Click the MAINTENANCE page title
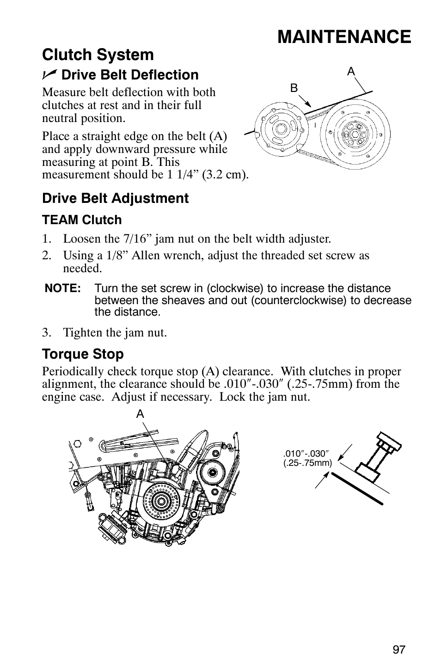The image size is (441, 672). pyautogui.click(x=344, y=37)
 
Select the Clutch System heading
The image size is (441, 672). pyautogui.click(x=98, y=55)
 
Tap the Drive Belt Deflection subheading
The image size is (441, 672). pyautogui.click(x=129, y=75)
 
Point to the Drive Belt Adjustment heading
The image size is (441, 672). pyautogui.click(x=115, y=198)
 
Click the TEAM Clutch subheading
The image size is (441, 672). pyautogui.click(x=82, y=220)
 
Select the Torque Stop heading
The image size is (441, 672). pyautogui.click(x=83, y=354)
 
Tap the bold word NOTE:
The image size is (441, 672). pyautogui.click(x=63, y=289)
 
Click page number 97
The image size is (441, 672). pyautogui.click(x=399, y=650)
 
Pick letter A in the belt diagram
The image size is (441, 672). pyautogui.click(x=351, y=71)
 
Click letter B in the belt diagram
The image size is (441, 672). pyautogui.click(x=294, y=88)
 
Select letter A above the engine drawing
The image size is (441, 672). pyautogui.click(x=140, y=415)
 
